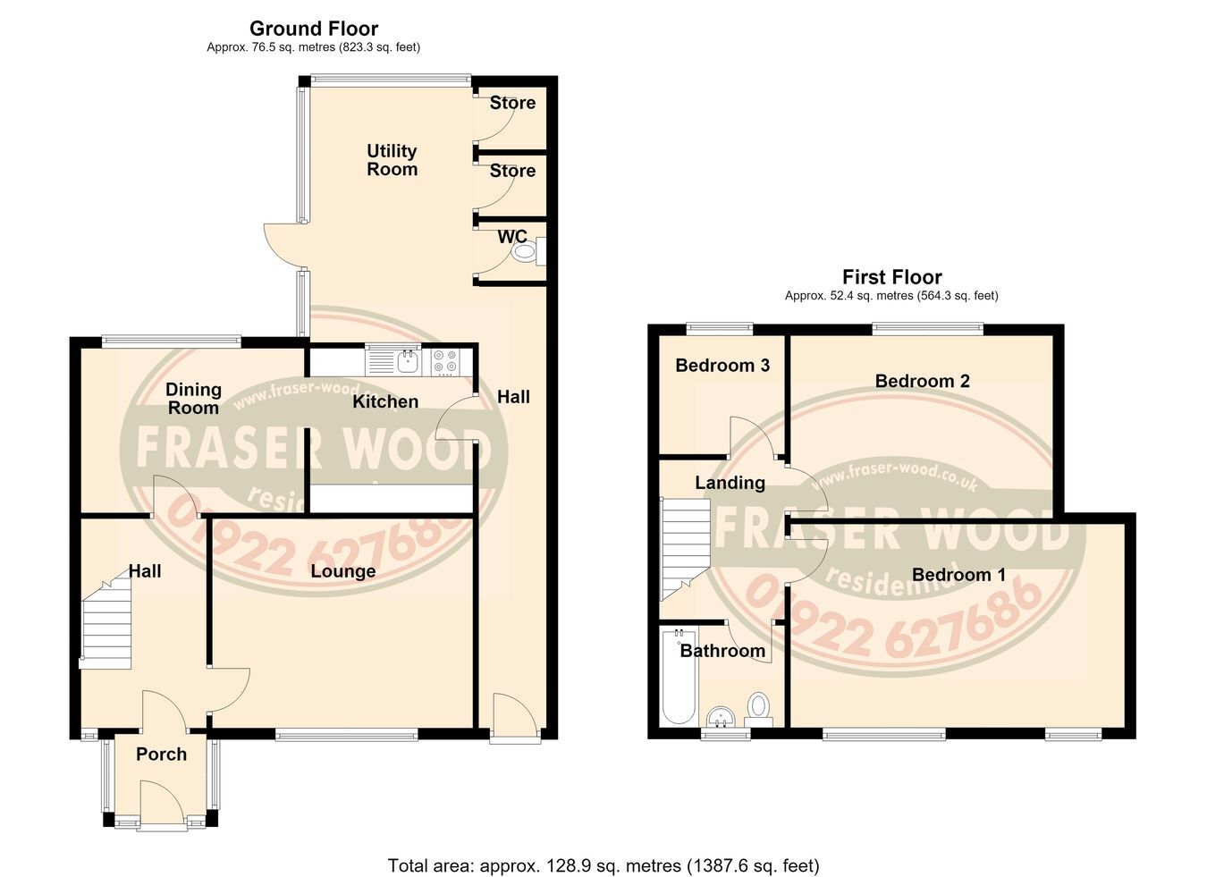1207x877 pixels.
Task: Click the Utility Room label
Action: pos(392,160)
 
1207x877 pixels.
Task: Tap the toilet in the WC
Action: pos(528,251)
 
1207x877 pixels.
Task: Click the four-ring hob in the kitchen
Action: pos(446,361)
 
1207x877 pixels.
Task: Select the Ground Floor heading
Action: pos(314,28)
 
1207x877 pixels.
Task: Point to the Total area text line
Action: pos(603,850)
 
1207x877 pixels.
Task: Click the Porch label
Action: pos(161,755)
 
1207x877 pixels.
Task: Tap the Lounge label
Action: pos(343,571)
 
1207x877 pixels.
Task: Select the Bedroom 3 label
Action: pos(722,366)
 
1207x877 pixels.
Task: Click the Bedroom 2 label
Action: pos(922,381)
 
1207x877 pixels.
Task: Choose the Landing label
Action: pos(730,483)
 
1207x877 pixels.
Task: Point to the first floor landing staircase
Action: pos(685,549)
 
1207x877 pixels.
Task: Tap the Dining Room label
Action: pos(193,398)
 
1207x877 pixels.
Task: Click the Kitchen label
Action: pos(385,401)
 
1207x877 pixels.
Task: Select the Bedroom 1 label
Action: pos(958,574)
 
